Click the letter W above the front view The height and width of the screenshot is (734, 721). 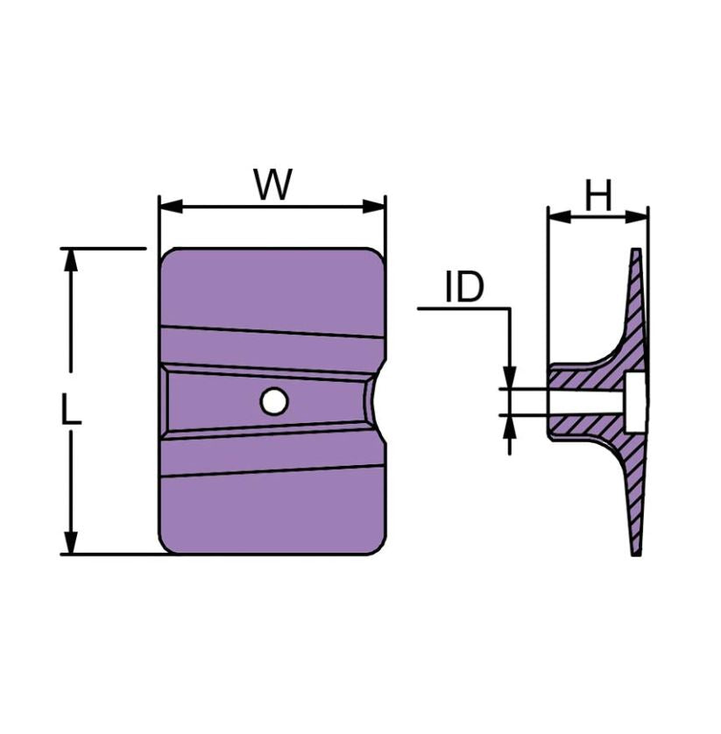point(272,185)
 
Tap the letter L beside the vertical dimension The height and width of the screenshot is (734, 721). point(72,410)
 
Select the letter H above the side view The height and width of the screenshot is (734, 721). point(598,197)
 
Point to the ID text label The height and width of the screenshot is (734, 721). point(463,287)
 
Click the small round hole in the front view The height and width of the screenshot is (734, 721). point(274,401)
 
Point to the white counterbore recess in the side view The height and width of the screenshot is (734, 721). point(637,401)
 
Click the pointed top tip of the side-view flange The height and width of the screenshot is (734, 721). point(636,252)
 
